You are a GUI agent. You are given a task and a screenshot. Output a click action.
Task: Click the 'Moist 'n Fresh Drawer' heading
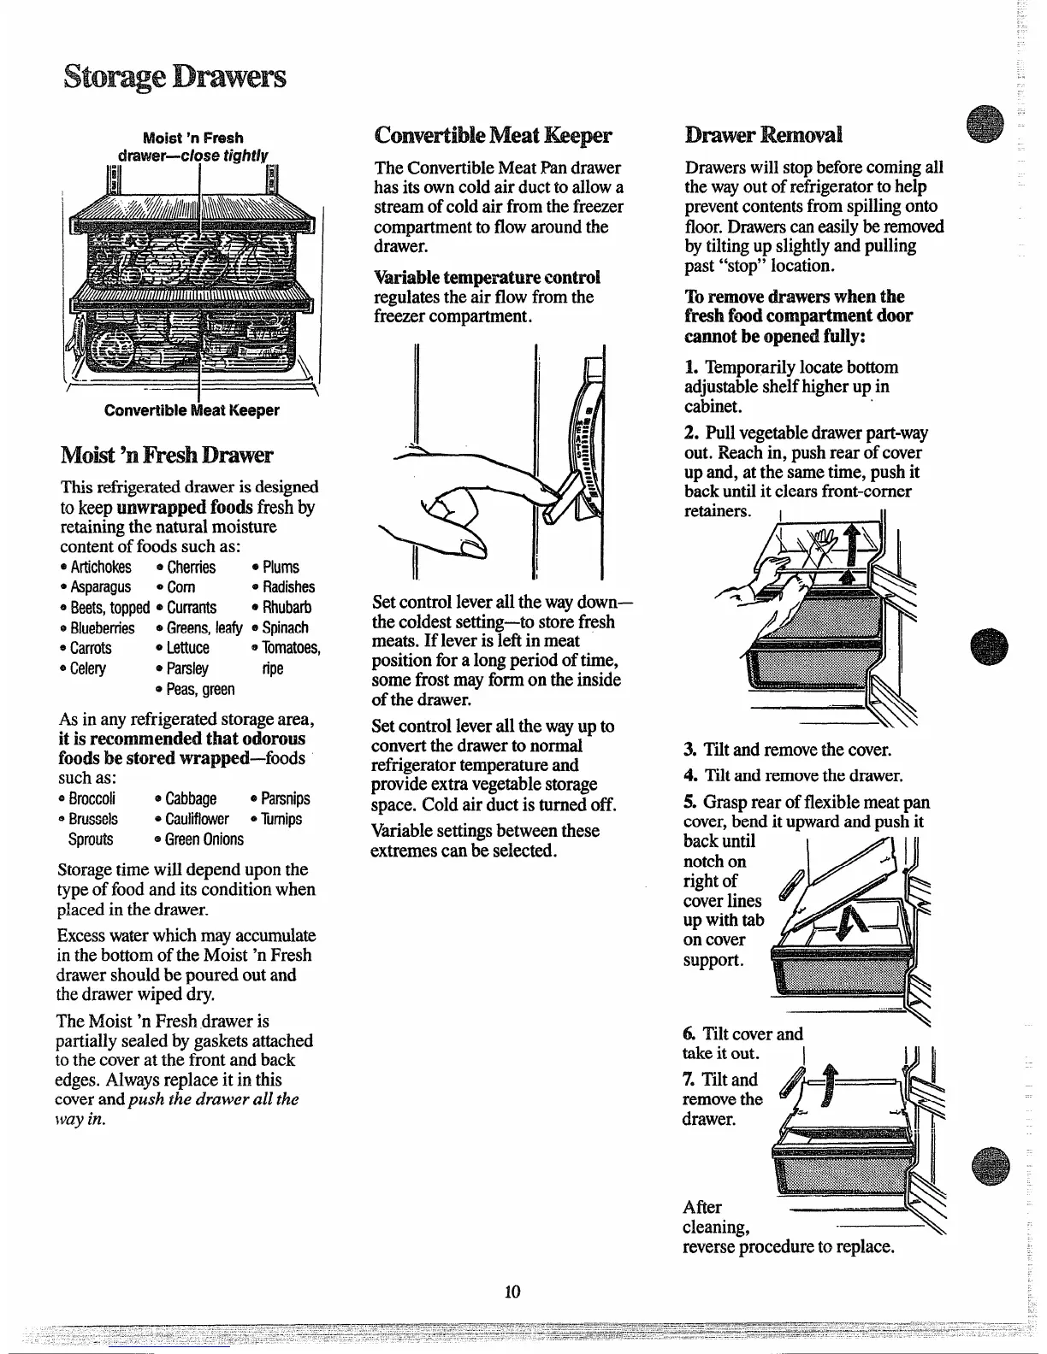167,454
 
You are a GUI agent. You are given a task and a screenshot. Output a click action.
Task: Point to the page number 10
513,1291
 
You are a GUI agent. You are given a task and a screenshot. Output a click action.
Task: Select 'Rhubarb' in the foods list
287,608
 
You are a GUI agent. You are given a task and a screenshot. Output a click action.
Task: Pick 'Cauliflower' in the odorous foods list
197,819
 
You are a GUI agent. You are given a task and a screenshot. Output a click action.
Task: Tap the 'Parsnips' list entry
285,798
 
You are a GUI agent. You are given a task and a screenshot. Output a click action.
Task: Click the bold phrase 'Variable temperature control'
487,277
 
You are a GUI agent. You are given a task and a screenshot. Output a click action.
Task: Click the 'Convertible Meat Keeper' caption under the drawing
192,410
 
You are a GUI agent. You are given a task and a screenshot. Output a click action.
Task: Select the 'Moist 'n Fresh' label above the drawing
192,138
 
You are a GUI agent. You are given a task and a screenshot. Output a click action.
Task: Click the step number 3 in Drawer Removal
689,751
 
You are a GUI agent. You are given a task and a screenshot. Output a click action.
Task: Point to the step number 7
689,1080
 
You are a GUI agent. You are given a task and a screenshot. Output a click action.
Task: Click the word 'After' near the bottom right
702,1207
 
